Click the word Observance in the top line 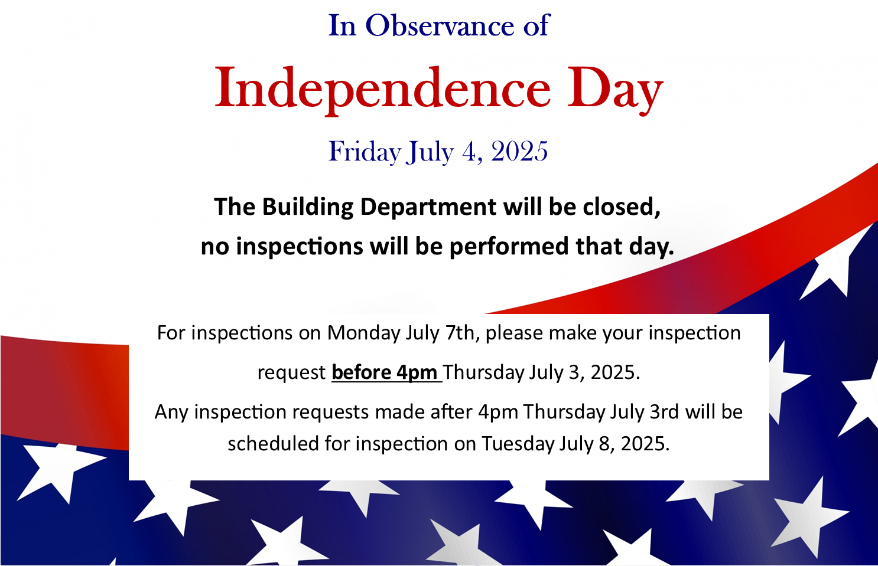coord(439,25)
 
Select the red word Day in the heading coord(615,91)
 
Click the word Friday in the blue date coord(365,152)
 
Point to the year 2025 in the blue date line coord(519,152)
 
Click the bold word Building coord(308,207)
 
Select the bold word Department coord(428,207)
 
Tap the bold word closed coord(622,207)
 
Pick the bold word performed coord(509,247)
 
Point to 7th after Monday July coord(463,333)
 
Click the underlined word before coord(361,372)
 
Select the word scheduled coord(273,443)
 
